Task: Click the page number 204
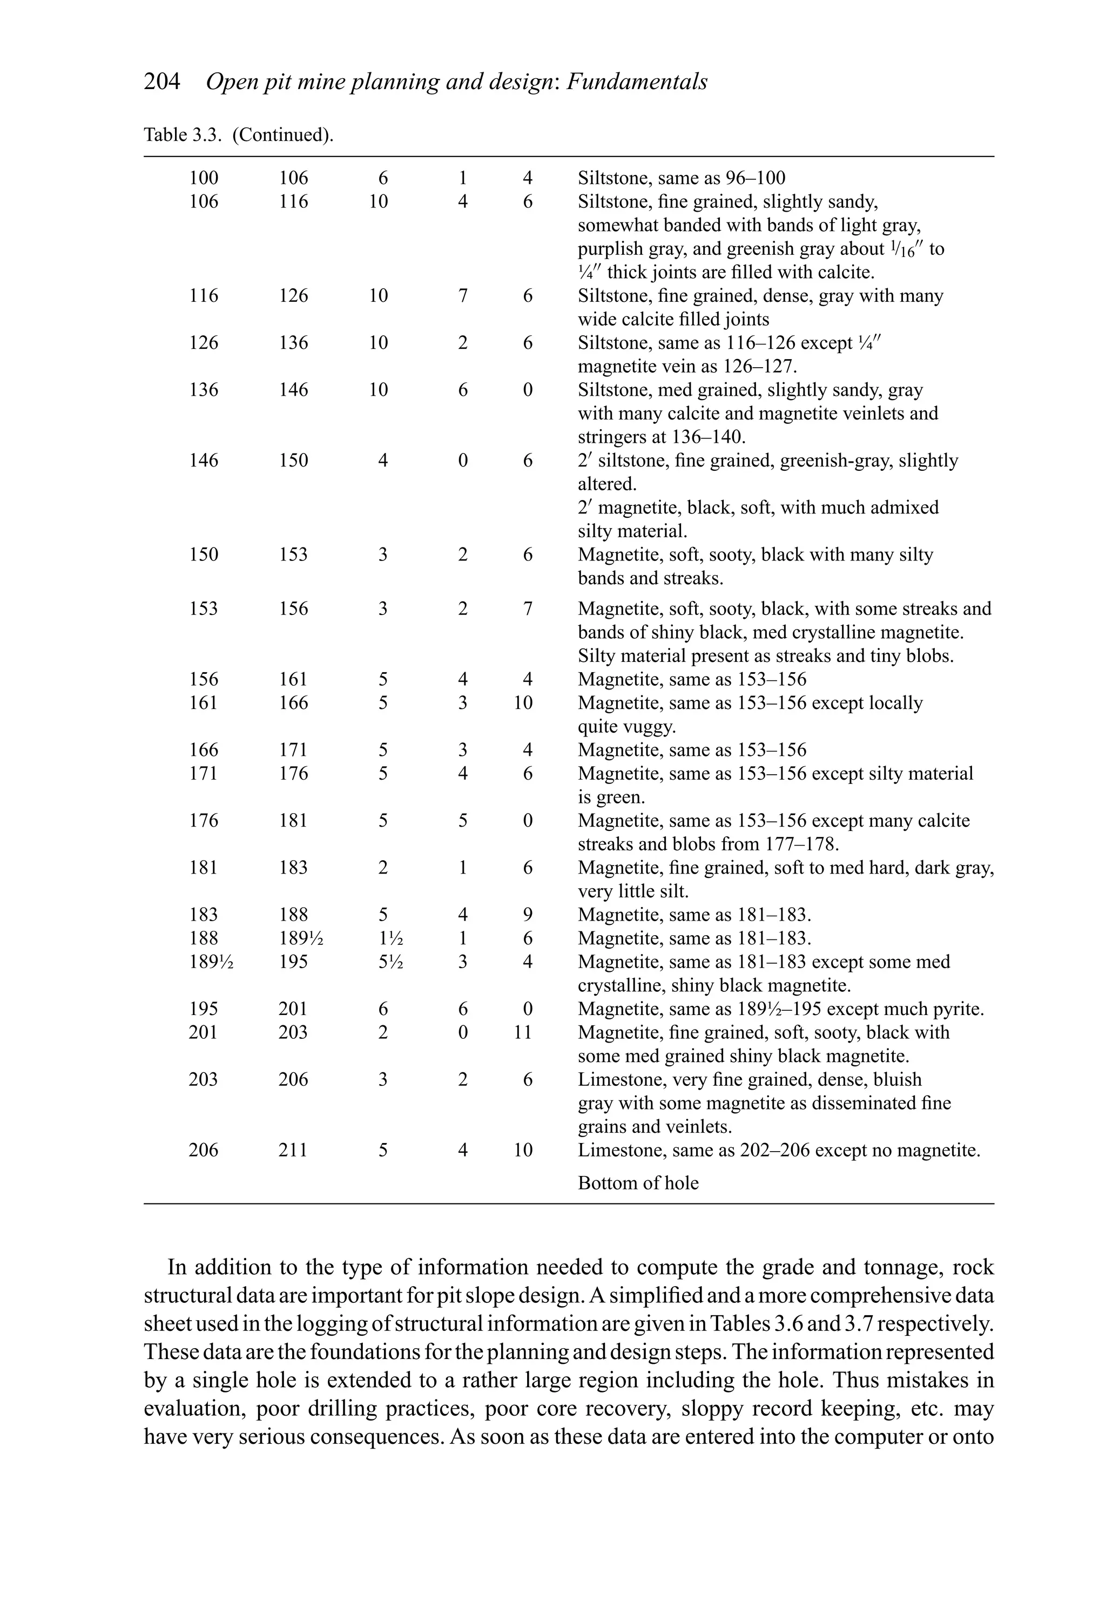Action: (x=162, y=82)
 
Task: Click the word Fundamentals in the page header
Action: (x=637, y=82)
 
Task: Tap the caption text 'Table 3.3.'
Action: (x=184, y=134)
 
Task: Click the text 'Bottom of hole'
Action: (x=638, y=1183)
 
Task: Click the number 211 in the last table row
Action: (x=293, y=1150)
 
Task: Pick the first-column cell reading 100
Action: (x=203, y=178)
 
